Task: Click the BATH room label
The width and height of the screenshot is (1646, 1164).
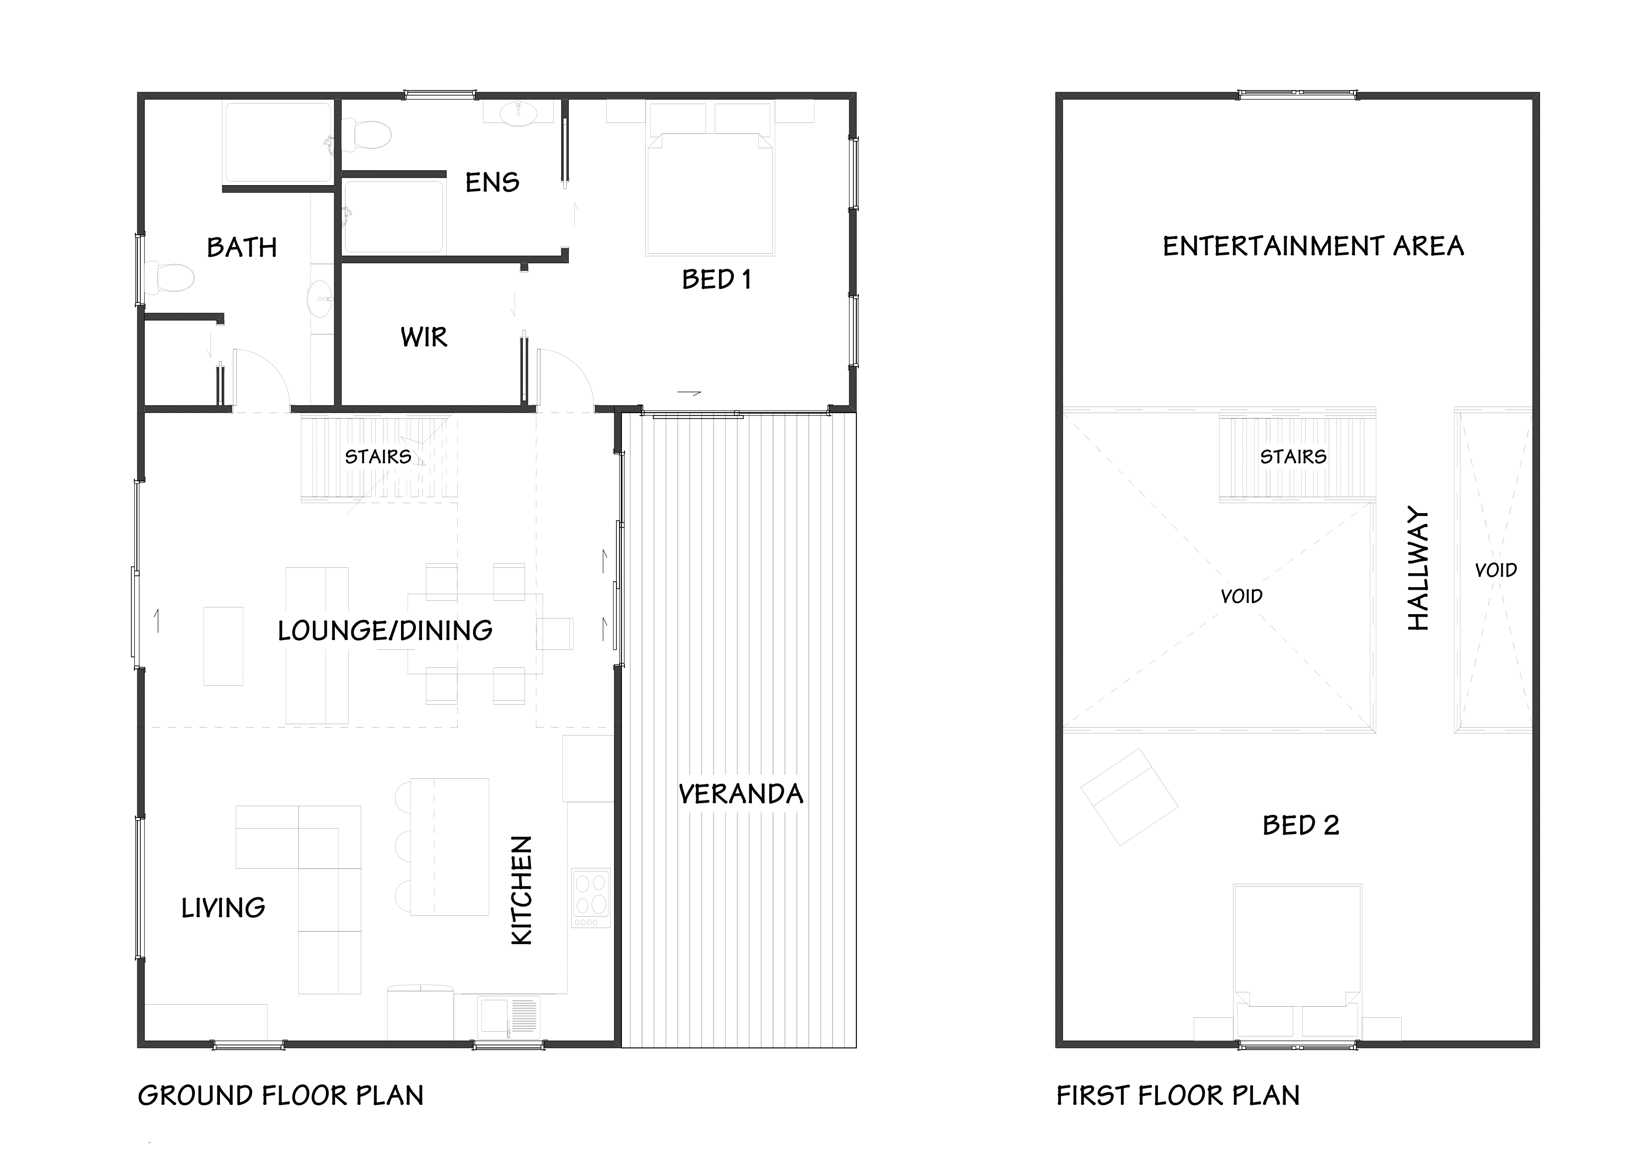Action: tap(242, 248)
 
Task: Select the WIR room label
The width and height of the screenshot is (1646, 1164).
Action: tap(423, 337)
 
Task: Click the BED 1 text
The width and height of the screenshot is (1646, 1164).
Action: tap(716, 280)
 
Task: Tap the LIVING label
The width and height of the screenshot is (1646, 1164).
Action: tap(223, 909)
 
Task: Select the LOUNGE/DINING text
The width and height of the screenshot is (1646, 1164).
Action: tap(385, 631)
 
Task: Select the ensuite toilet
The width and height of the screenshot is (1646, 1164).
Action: tap(367, 135)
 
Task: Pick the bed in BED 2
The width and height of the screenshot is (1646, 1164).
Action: tap(1297, 947)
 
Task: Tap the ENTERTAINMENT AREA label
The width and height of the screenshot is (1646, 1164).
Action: tap(1313, 247)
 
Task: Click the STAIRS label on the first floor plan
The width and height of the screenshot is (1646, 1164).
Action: tap(1293, 457)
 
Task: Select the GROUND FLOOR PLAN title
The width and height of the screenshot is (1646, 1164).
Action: tap(280, 1096)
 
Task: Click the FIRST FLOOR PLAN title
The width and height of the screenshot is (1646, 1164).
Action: tap(1177, 1096)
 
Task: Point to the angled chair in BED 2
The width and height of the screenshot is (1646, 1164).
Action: tap(1129, 797)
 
